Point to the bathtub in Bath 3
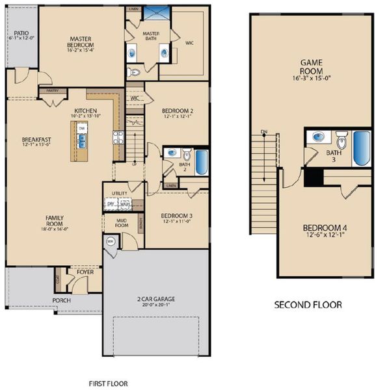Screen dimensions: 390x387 click(361, 149)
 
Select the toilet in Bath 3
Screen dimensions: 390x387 click(342, 139)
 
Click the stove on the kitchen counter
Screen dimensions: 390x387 click(118, 137)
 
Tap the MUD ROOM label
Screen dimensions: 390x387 click(122, 223)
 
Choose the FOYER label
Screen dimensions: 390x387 click(85, 272)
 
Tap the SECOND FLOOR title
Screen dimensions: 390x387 click(307, 304)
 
